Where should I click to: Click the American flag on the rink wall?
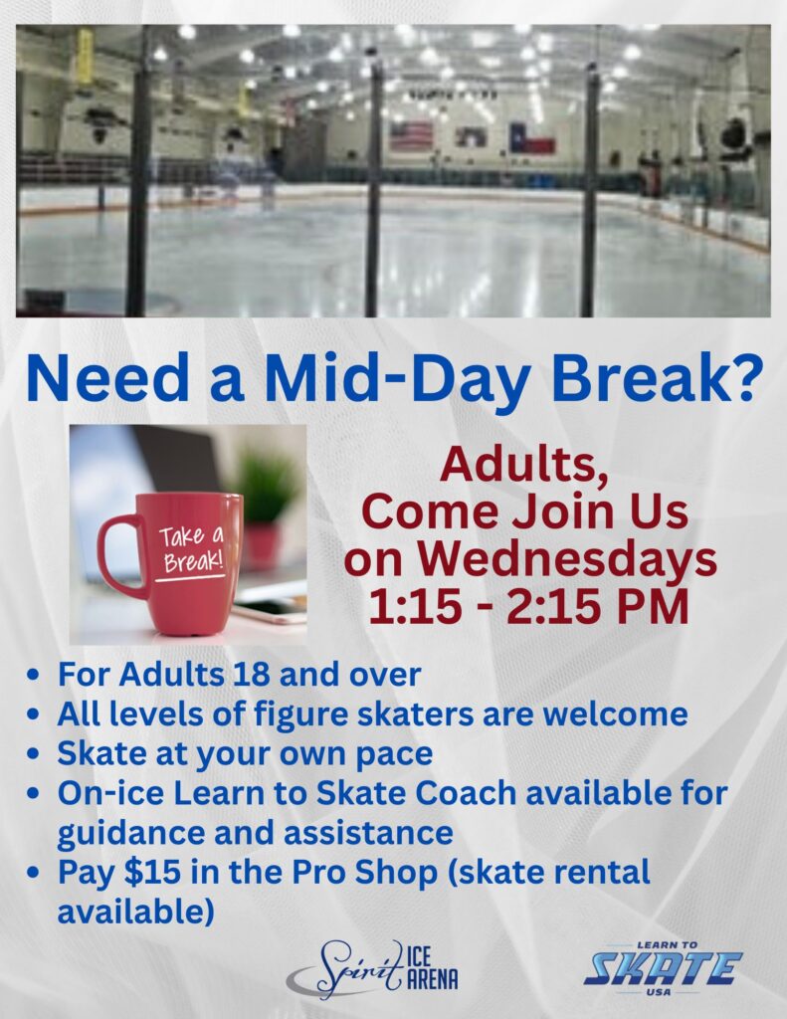click(411, 135)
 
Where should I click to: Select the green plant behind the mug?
click(267, 487)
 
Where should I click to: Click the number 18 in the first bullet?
click(250, 674)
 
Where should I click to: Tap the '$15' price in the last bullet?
click(152, 872)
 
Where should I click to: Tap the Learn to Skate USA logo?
click(663, 968)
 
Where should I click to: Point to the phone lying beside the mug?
click(270, 613)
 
